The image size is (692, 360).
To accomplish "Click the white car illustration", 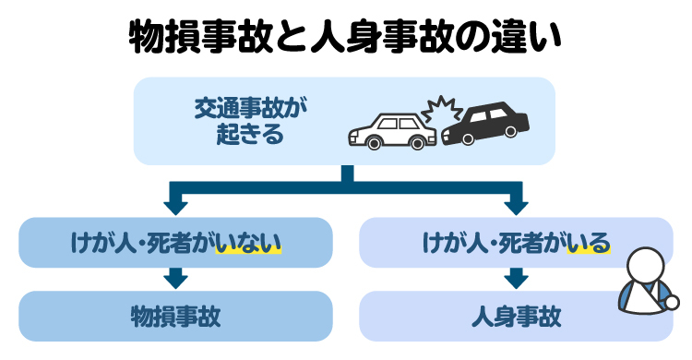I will pyautogui.click(x=391, y=130).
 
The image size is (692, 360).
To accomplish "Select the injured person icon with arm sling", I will pyautogui.click(x=645, y=284).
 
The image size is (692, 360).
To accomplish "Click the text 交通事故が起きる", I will pyautogui.click(x=249, y=122).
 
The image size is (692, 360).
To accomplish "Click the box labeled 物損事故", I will pyautogui.click(x=175, y=316).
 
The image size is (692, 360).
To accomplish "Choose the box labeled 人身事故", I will pyautogui.click(x=516, y=316).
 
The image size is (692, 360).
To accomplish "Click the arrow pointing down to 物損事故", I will pyautogui.click(x=175, y=276).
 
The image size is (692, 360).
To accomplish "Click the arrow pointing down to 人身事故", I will pyautogui.click(x=516, y=276).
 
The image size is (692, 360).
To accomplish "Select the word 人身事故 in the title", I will pyautogui.click(x=376, y=38).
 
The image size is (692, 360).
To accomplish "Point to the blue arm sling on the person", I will pyautogui.click(x=638, y=296).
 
